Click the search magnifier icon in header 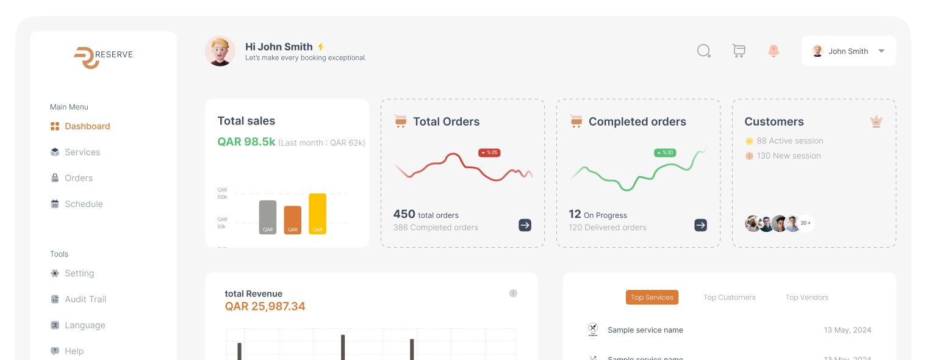(704, 51)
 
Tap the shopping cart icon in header (739, 51)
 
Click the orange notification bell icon (773, 51)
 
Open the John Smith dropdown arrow (881, 51)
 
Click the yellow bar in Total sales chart (317, 214)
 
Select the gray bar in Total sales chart (267, 217)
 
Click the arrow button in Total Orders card (525, 225)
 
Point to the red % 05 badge (489, 153)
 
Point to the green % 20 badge (665, 153)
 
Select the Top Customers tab (729, 297)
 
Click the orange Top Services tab (651, 297)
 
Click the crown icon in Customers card (876, 121)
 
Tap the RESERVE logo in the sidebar (103, 56)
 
